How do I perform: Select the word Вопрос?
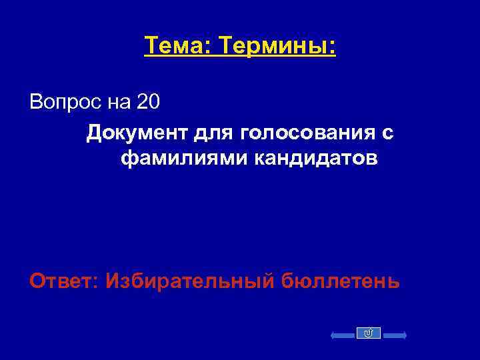pos(63,103)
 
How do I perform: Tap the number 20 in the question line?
pos(149,103)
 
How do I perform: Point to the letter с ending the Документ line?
pos(388,133)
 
